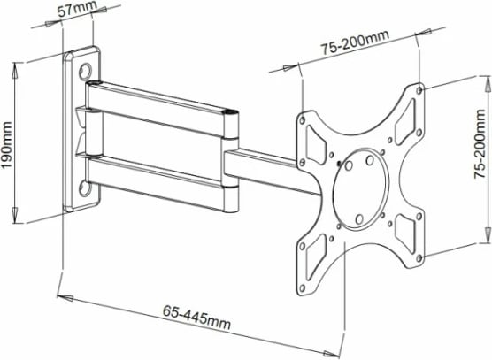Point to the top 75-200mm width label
[x=355, y=47]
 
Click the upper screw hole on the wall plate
[x=87, y=70]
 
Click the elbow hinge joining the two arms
[x=232, y=159]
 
